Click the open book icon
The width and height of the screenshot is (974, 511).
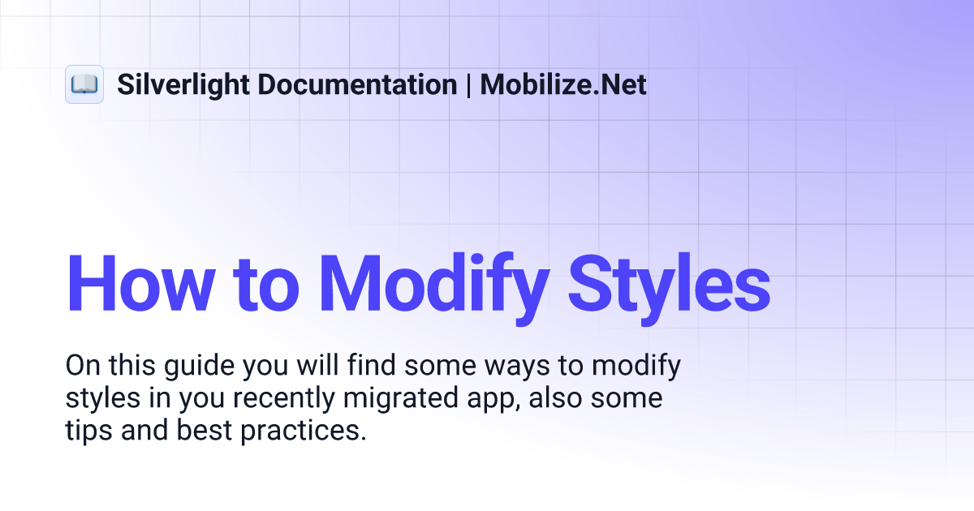pyautogui.click(x=84, y=84)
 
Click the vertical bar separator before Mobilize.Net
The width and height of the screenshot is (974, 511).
pyautogui.click(x=468, y=84)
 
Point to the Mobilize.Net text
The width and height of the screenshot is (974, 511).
pyautogui.click(x=563, y=84)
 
